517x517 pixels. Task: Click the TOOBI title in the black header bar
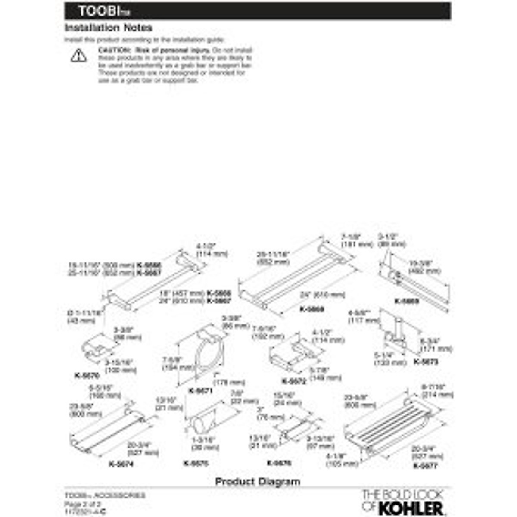tap(98, 11)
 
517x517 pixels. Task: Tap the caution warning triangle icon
tap(78, 56)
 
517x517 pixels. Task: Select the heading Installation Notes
tap(108, 28)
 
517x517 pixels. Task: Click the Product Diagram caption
tap(258, 481)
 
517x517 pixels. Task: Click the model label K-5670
tap(87, 376)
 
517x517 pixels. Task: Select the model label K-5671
tap(201, 391)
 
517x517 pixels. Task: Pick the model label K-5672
tap(294, 381)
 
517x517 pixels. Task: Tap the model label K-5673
tap(426, 362)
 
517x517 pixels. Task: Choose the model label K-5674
tap(121, 464)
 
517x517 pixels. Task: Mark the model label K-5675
tap(196, 464)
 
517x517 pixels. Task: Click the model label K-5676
tap(279, 463)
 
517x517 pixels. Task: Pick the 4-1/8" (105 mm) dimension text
tap(342, 461)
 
